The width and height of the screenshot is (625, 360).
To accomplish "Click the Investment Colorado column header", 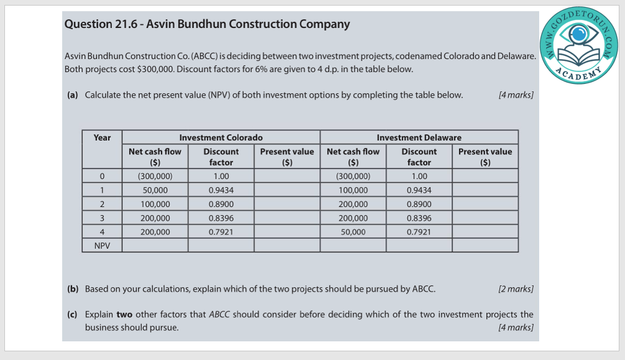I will click(x=221, y=137).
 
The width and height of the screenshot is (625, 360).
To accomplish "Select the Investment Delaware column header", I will click(x=419, y=137).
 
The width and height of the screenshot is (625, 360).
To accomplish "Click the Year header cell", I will click(x=102, y=137).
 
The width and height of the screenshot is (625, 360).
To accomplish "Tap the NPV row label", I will click(x=102, y=246).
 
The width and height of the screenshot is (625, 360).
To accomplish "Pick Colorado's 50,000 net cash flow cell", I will click(x=155, y=190).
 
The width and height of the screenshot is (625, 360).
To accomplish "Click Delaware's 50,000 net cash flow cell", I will click(x=353, y=232).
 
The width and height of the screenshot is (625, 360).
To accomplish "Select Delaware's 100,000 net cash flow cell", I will click(x=353, y=190).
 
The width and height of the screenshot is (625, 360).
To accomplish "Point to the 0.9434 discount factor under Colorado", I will click(x=221, y=190).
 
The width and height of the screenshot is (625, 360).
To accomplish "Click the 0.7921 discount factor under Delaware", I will click(x=419, y=232).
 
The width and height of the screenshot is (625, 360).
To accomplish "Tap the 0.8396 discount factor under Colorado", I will click(x=221, y=218).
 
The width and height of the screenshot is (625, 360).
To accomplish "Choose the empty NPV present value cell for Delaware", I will click(x=485, y=246).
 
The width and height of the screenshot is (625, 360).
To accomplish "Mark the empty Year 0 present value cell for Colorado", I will click(x=287, y=176).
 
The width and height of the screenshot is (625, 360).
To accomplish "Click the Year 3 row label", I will click(x=102, y=218).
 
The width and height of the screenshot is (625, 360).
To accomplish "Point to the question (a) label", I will click(x=72, y=95).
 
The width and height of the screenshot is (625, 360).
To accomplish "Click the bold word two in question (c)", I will click(x=124, y=315).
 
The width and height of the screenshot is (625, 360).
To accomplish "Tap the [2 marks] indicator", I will click(x=516, y=289).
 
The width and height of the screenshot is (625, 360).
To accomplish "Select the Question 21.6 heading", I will click(x=207, y=24).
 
